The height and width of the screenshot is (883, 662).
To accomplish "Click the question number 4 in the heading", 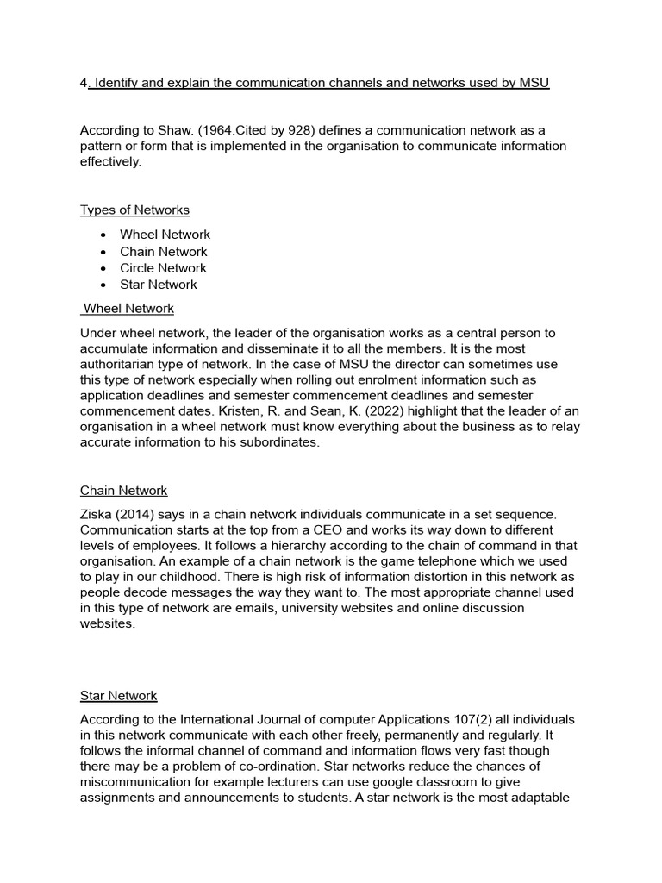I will click(x=84, y=83).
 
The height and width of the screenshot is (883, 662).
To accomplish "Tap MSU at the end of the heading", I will click(x=534, y=83).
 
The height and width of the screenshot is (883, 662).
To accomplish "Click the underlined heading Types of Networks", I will click(x=134, y=210).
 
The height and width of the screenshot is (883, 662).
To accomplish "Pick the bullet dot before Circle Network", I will click(x=103, y=268).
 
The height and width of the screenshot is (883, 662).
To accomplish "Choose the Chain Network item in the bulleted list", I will click(x=163, y=252).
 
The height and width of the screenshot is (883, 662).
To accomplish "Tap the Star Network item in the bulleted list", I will click(x=158, y=285).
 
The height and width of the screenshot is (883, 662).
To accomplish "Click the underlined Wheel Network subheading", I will click(x=128, y=308).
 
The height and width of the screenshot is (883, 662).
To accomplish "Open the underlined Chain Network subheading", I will click(x=123, y=491).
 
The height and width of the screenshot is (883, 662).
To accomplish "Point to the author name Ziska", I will click(x=97, y=514).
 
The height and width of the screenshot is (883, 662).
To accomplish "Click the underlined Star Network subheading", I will click(x=118, y=696).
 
